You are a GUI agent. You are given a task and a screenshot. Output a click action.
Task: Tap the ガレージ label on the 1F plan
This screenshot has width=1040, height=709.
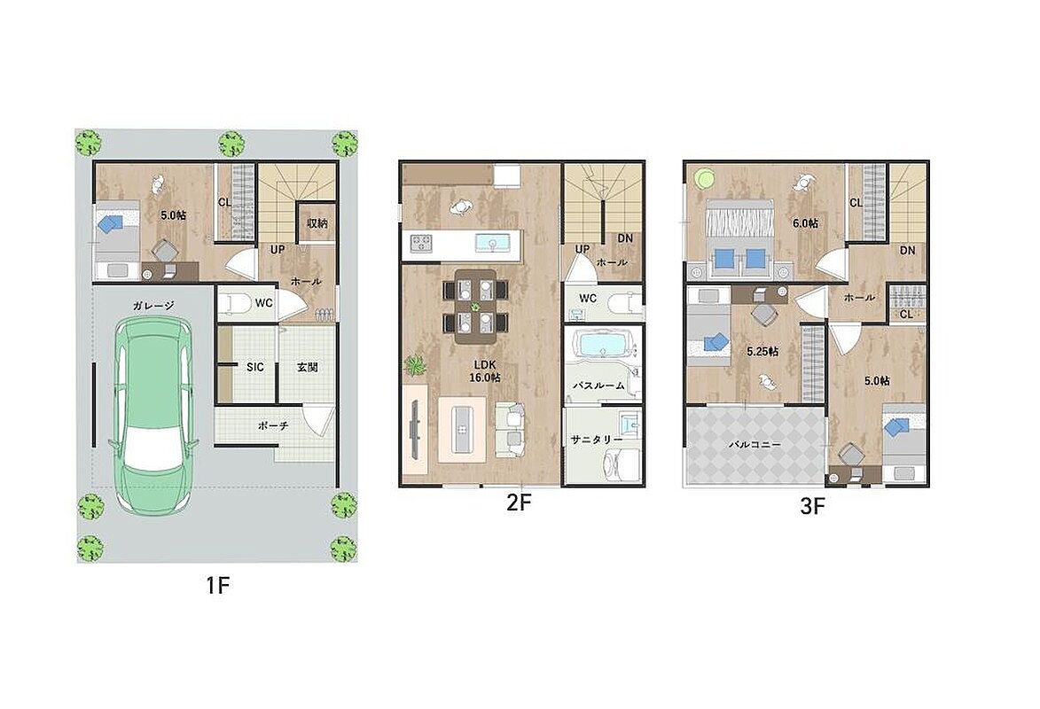tap(153, 306)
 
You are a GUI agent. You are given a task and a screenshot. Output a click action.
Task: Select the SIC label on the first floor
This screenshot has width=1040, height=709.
tap(254, 367)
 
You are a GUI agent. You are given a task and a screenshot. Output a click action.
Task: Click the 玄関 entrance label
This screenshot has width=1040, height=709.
tap(307, 367)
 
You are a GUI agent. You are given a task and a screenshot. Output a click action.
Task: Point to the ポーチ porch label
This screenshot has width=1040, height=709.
tap(272, 425)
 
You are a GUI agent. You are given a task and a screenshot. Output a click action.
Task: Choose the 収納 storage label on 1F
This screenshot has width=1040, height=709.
tap(317, 223)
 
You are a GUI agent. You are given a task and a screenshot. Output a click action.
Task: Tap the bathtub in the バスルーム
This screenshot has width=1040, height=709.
tap(602, 344)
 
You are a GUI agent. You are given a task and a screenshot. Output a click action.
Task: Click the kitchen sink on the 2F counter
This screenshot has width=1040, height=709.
tap(492, 243)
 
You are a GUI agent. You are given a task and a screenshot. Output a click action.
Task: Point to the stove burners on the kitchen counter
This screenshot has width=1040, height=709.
tap(421, 243)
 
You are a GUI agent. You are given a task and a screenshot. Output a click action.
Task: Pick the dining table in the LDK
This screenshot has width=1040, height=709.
tap(475, 306)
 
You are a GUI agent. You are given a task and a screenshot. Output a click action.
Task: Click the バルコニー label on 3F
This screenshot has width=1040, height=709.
tap(755, 444)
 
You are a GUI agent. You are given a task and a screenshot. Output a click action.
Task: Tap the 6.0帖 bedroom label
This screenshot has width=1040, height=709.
tap(805, 223)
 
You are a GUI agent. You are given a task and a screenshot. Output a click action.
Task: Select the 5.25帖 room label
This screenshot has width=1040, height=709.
tap(762, 352)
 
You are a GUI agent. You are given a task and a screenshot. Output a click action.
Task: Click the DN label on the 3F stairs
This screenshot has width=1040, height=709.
tap(907, 251)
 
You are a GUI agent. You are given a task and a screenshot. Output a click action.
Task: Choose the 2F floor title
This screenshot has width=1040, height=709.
tap(520, 503)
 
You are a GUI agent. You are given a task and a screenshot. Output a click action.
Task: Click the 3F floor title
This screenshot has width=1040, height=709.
tap(812, 507)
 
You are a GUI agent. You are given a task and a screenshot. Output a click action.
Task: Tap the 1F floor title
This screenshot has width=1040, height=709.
tap(217, 586)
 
